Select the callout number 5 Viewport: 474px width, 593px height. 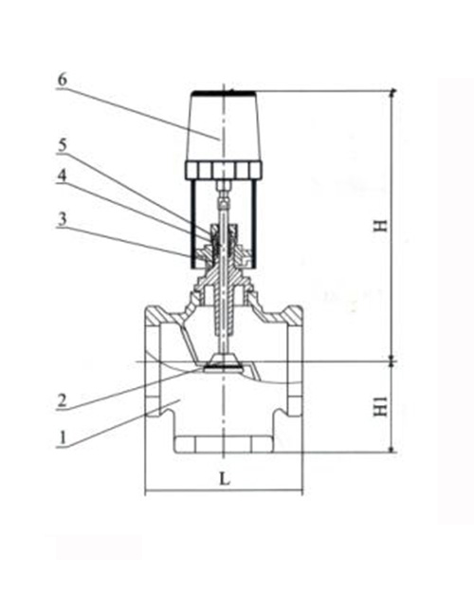[x=62, y=146]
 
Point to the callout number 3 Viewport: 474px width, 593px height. [x=62, y=218]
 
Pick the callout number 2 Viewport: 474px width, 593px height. [x=62, y=401]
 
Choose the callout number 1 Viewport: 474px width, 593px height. [x=62, y=437]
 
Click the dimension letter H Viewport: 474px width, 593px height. [x=380, y=226]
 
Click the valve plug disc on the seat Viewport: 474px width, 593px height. [x=224, y=361]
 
